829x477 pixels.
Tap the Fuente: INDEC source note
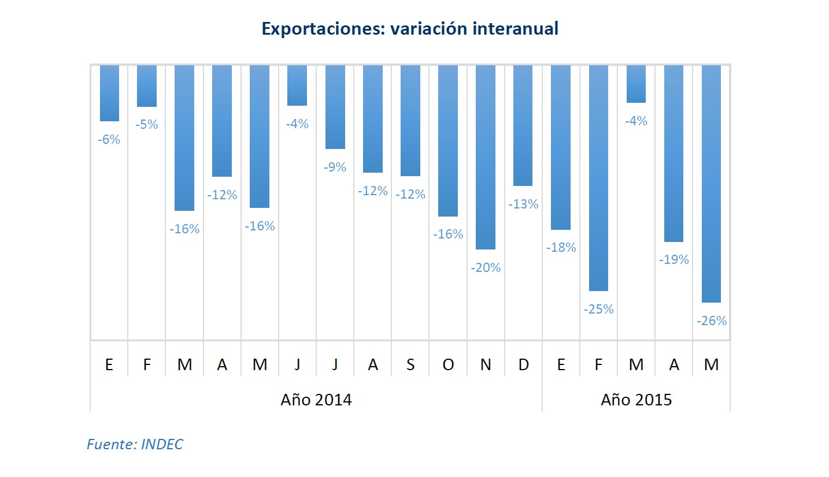[134, 444]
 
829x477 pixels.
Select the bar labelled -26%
[711, 184]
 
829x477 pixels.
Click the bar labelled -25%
[598, 178]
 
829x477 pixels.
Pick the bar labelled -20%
[486, 157]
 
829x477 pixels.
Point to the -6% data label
[109, 139]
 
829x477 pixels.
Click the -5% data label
[146, 125]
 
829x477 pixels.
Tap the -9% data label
[335, 167]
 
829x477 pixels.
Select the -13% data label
[523, 204]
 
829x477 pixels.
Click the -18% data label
[561, 248]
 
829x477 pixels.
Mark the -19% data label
[674, 260]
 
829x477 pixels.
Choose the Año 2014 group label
[316, 400]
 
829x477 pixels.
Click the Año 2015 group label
[636, 400]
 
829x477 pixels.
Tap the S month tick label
[410, 365]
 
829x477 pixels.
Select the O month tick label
[448, 365]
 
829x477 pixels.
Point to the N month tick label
[486, 365]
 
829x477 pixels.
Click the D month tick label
[523, 365]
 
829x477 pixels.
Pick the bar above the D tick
[523, 125]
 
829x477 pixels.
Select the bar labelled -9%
[335, 107]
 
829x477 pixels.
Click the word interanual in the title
[515, 29]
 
